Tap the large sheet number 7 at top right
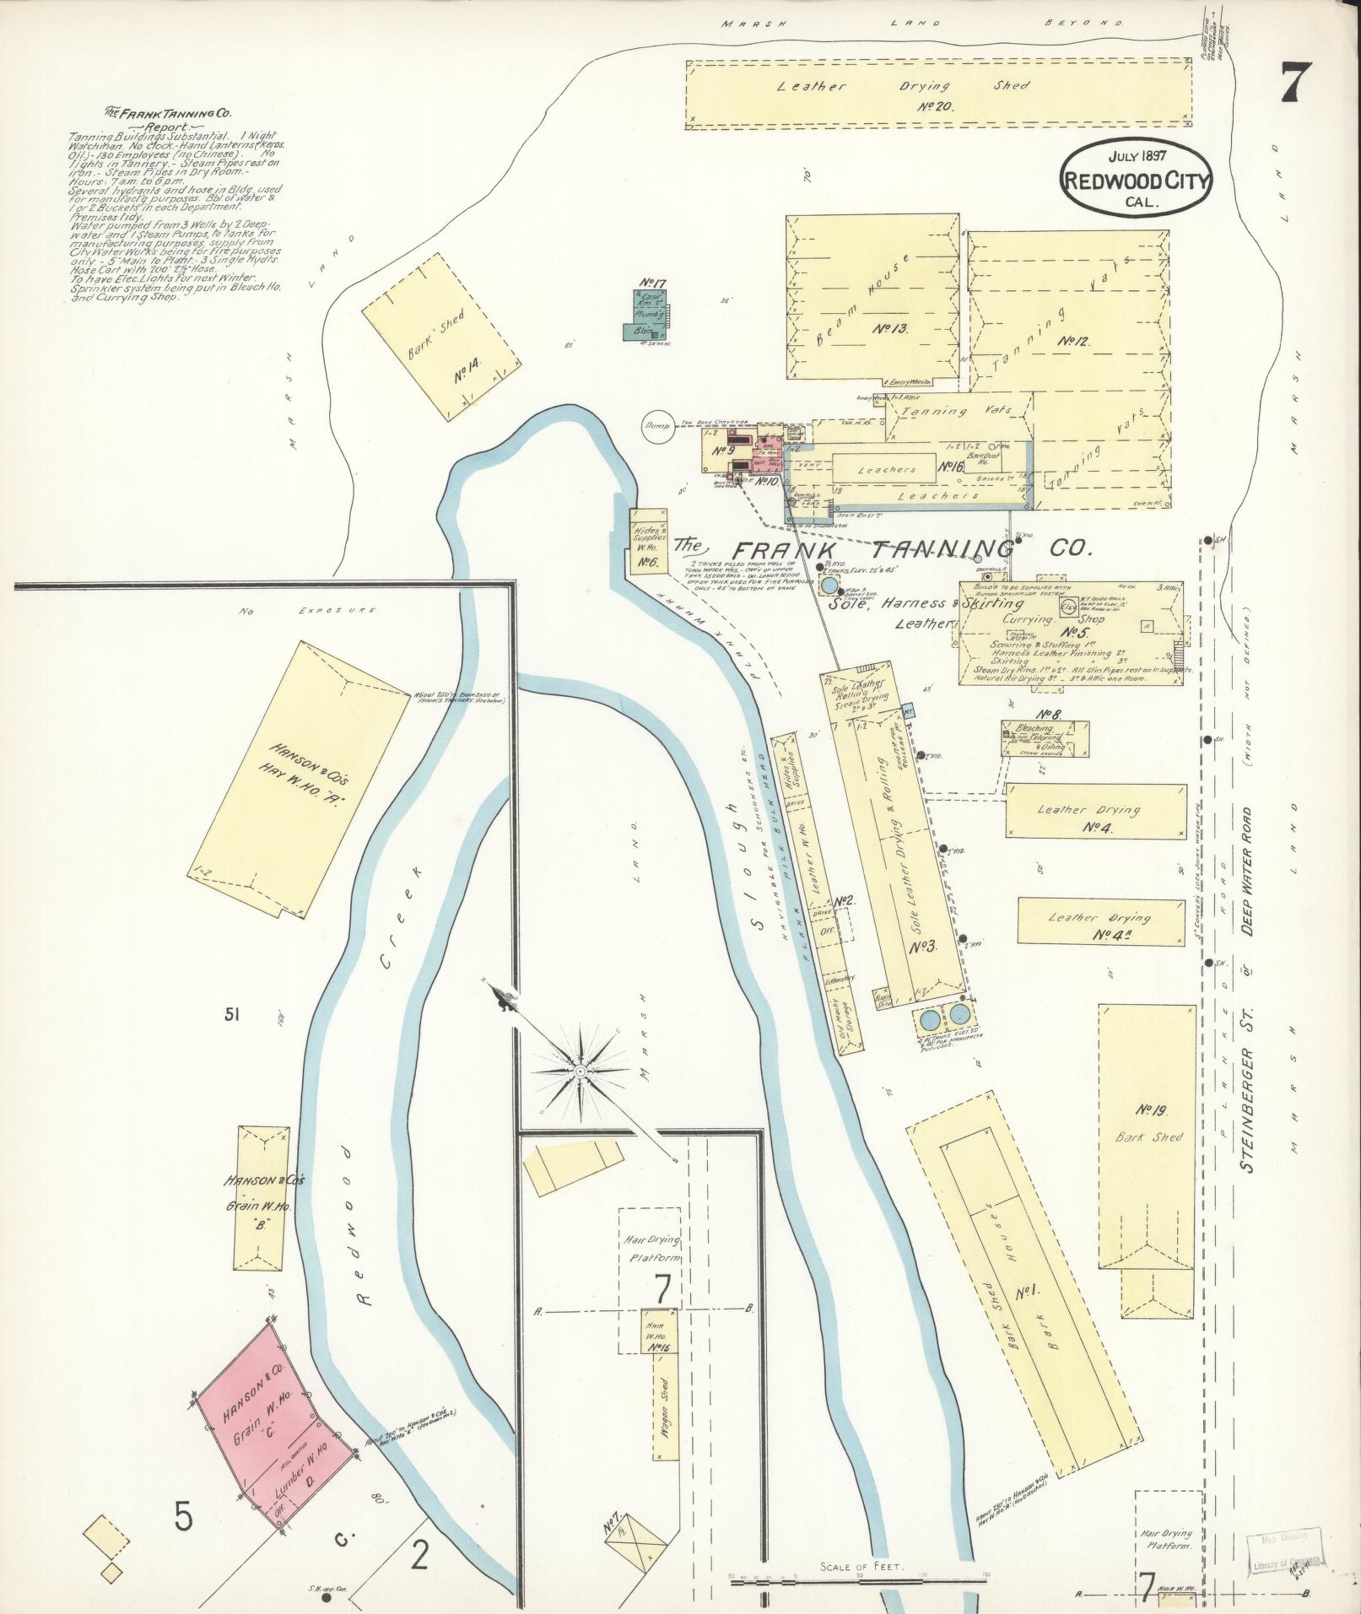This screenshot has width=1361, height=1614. [1296, 84]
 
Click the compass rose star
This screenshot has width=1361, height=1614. [581, 1070]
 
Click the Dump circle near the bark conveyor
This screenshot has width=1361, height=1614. [656, 427]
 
